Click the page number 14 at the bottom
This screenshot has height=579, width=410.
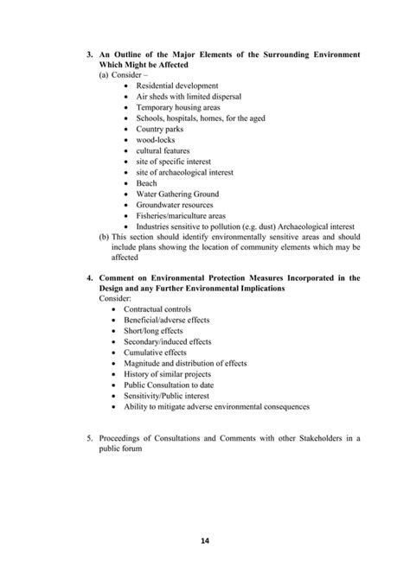[205, 542]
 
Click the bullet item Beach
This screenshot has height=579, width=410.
[146, 183]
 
